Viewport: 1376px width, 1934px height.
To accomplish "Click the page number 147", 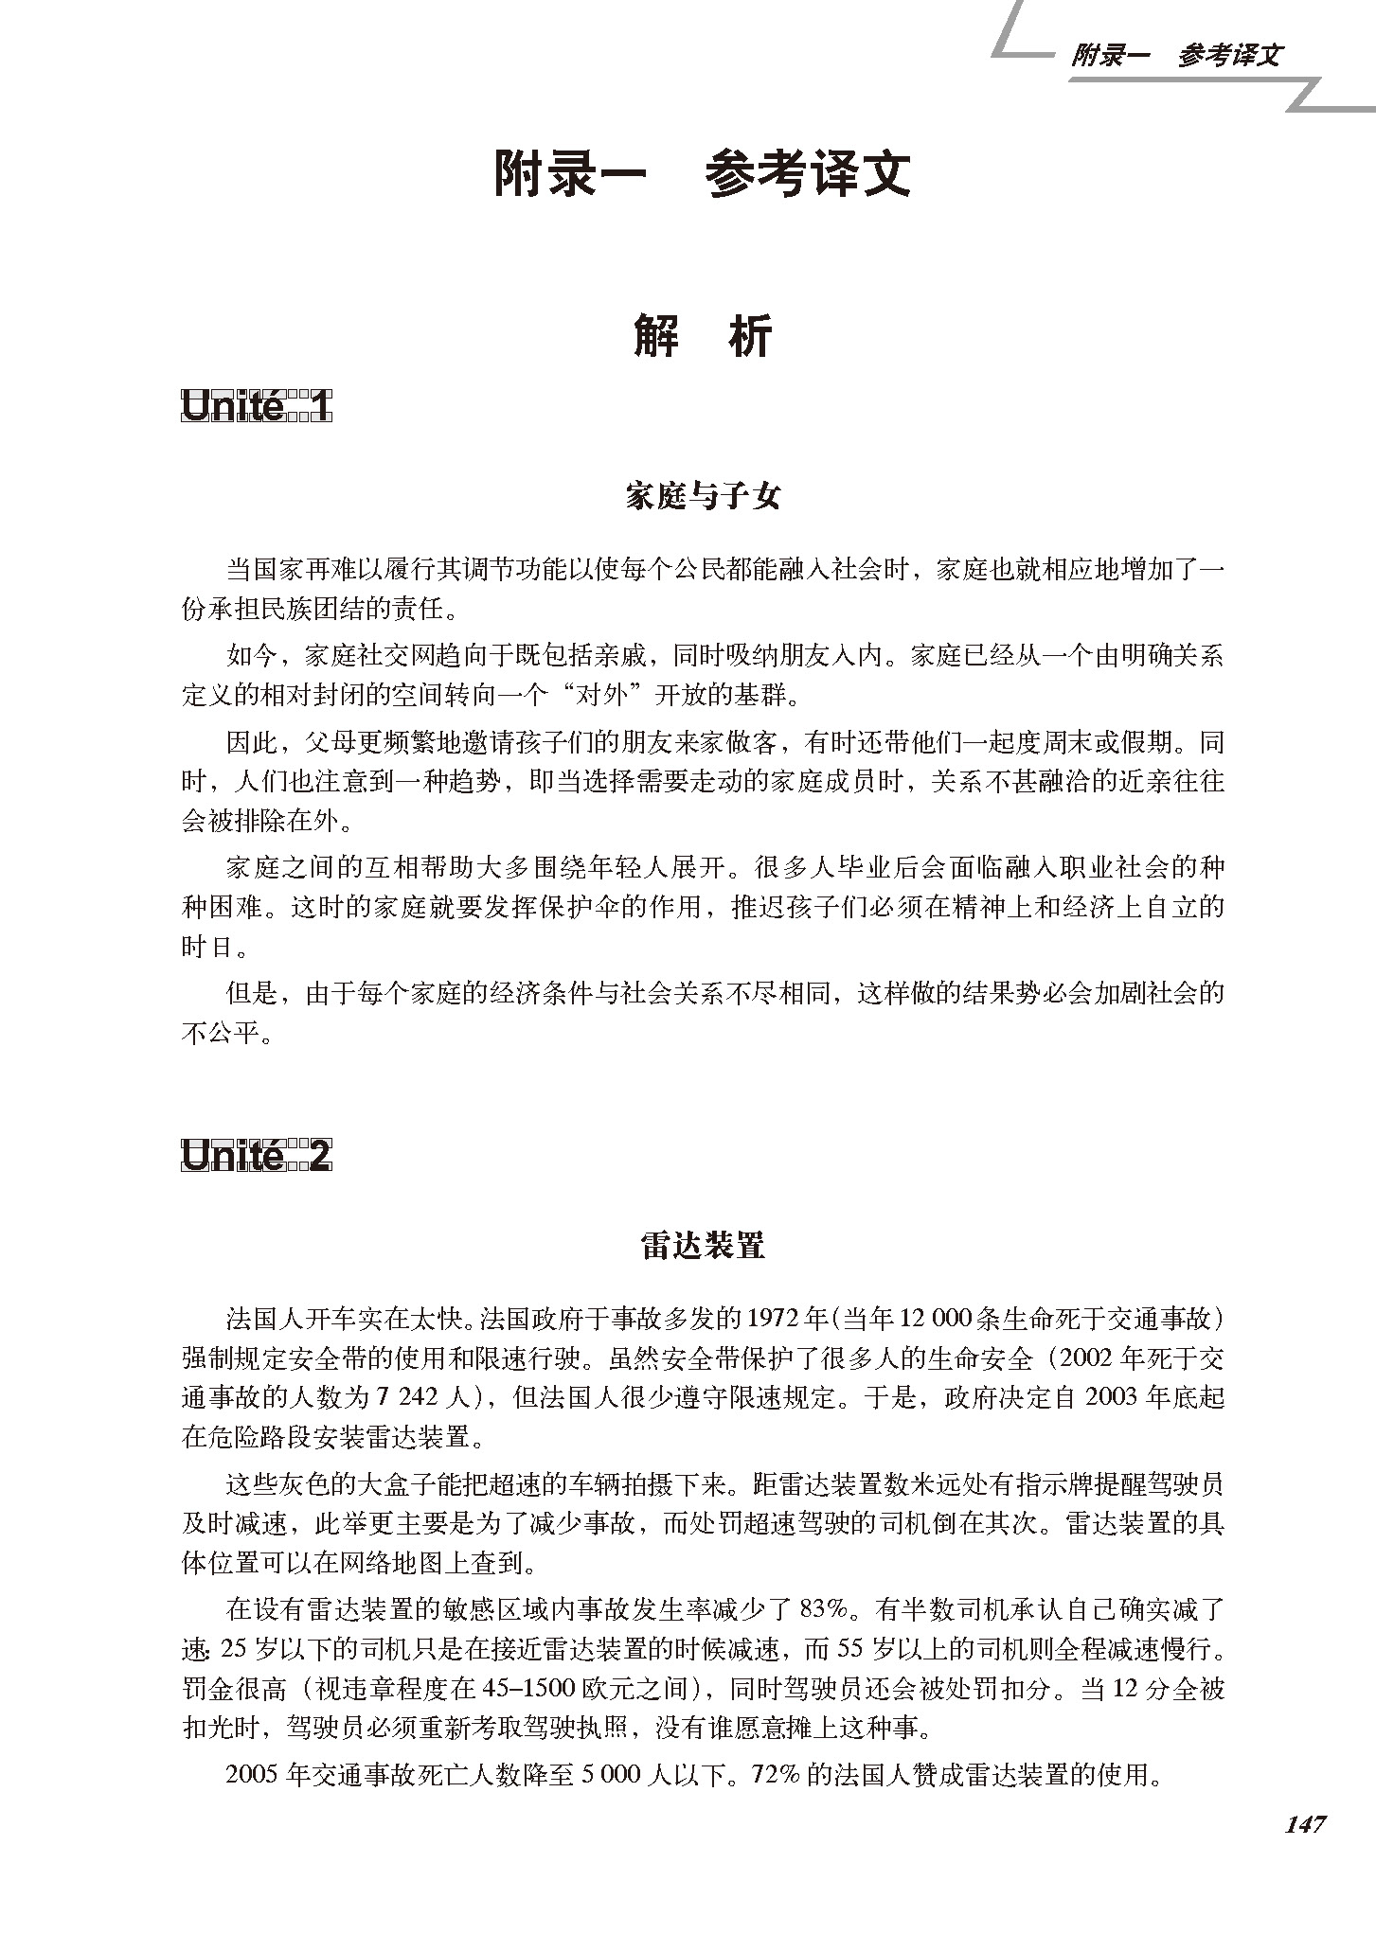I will coord(1305,1824).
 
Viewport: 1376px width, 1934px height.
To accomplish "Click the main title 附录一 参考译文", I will coord(702,174).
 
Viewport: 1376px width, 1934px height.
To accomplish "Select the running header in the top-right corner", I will coord(1175,55).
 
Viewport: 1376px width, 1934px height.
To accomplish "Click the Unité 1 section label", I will coord(256,407).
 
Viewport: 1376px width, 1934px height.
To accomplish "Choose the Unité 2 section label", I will coord(256,1157).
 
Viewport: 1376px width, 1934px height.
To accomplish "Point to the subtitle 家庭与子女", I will coord(702,495).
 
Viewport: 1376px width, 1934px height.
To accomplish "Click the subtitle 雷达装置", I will coord(702,1246).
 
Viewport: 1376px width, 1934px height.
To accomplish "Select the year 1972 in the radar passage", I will coord(776,1319).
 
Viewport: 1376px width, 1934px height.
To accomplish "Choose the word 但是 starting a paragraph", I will coord(250,992).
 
